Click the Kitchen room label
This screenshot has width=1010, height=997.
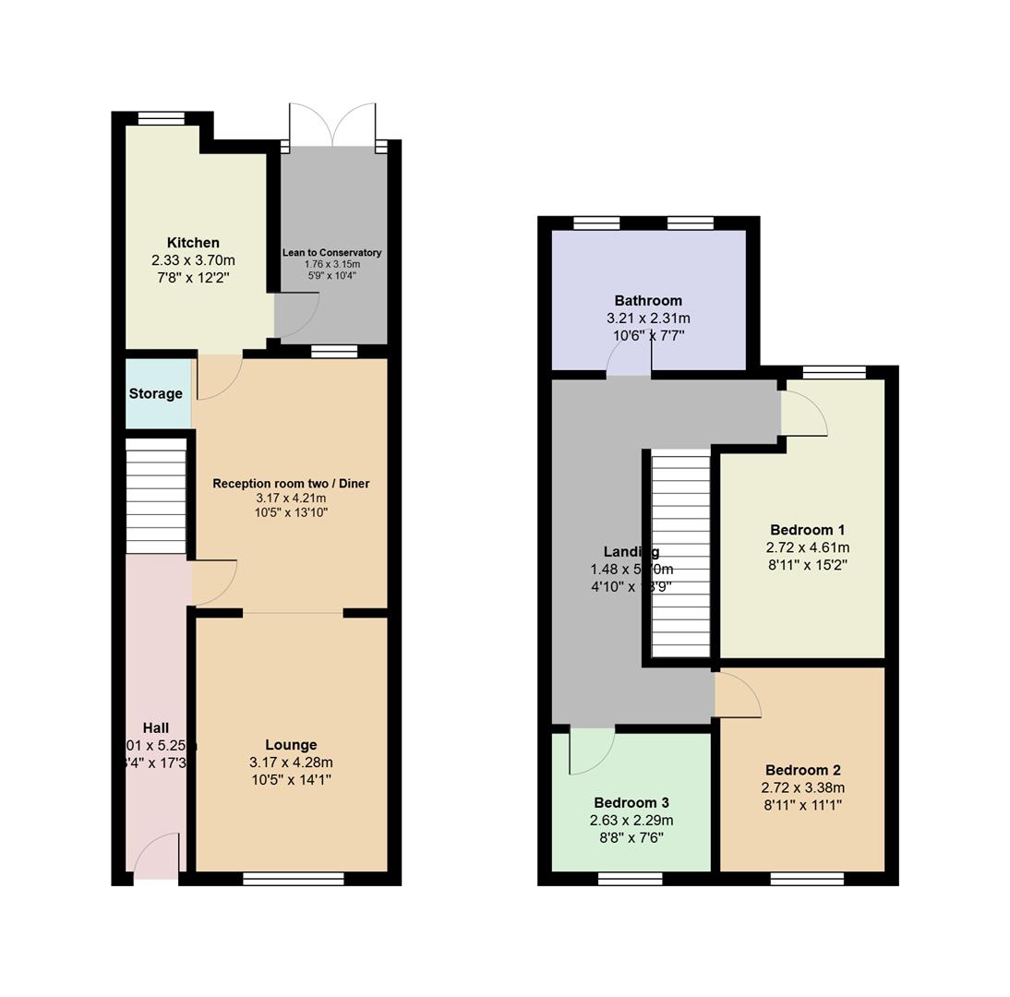193,243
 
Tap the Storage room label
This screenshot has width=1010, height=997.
155,394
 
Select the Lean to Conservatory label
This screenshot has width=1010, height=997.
331,252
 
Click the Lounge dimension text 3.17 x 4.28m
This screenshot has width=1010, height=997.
291,763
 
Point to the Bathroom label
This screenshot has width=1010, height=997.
648,301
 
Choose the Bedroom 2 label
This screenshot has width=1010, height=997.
802,770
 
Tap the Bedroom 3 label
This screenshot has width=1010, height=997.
631,802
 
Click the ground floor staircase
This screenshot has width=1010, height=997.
156,496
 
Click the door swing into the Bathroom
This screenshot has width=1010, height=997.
629,362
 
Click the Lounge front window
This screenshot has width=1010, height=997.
293,879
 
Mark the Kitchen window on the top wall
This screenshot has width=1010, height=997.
161,118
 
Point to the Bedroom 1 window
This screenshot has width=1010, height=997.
834,373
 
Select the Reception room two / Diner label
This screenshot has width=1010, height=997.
291,484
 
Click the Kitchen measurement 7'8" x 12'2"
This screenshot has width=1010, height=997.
193,278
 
